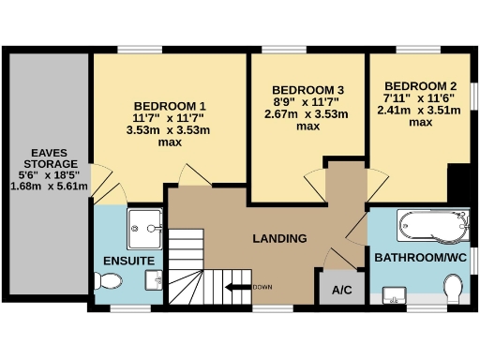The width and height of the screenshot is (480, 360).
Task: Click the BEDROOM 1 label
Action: [170, 104]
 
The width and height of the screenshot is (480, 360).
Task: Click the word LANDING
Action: [279, 238]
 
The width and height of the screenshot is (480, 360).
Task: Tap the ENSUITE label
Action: [121, 259]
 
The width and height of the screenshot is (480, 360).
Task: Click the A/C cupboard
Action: [342, 290]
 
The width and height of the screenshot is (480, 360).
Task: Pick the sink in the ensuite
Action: [156, 279]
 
